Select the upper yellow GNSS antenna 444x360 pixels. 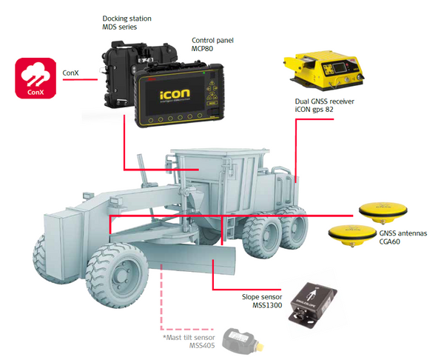pos(383,211)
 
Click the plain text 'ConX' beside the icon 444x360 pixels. pos(72,74)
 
